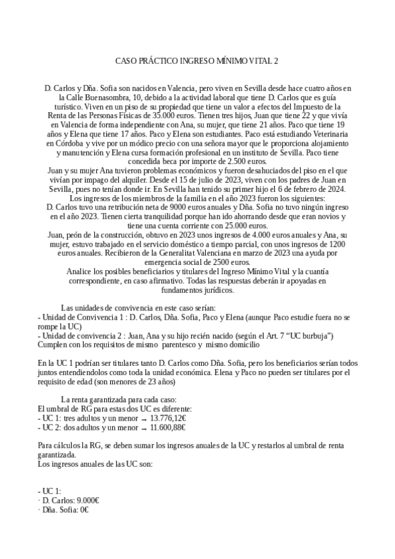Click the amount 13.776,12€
coord(168,418)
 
